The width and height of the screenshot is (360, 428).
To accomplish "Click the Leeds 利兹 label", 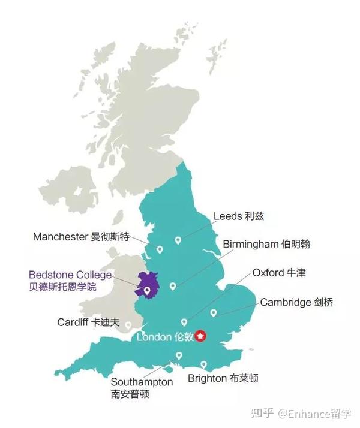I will click(238, 216).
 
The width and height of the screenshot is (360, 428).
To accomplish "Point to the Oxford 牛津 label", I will click(278, 273).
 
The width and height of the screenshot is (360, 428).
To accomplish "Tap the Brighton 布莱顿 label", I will click(223, 378).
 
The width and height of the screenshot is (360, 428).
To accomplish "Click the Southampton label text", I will click(142, 382).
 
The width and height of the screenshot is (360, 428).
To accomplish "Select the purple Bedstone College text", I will click(70, 275).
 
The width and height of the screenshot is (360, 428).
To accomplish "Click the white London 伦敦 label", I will click(165, 337).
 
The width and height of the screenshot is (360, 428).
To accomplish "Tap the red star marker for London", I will click(201, 336).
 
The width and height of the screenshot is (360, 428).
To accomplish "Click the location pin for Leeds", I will click(178, 240).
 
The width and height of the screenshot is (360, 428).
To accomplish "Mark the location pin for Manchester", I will click(160, 249).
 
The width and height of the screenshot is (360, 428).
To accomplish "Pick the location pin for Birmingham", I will click(173, 286).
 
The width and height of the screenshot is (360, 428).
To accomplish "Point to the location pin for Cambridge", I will click(213, 312).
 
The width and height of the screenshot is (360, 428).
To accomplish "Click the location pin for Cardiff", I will click(128, 325).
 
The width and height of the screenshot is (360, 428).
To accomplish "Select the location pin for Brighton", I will click(203, 364).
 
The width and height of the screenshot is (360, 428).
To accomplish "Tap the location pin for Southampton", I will click(178, 355).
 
